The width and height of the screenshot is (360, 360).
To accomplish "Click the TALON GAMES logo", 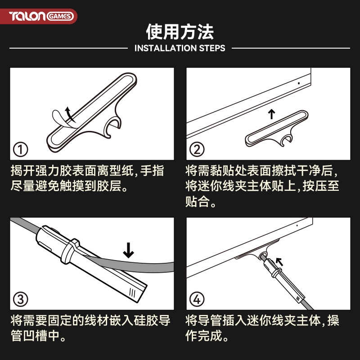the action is coord(41,16).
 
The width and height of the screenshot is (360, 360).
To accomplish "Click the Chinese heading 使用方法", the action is coord(180,31).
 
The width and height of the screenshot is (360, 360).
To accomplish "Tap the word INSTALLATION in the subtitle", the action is coord(165,48).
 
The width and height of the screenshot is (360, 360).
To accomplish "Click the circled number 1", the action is coord(20,150).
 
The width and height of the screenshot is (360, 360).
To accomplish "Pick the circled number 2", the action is coord(197,150).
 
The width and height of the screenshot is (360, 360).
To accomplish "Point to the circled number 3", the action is coord(20,299).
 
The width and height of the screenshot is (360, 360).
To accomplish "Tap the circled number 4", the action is coord(197,299).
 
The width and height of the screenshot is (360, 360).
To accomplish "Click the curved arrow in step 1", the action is coord(70,114).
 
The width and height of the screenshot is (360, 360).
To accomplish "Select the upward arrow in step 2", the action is coord(272,114).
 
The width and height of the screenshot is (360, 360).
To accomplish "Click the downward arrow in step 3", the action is coord(128,250).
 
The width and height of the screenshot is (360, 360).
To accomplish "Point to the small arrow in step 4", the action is coord(279,262).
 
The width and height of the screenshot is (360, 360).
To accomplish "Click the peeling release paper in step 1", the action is coord(60,119).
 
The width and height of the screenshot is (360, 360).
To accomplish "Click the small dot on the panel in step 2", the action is coord(299,83).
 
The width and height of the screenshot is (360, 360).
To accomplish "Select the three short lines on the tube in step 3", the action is coord(132,292).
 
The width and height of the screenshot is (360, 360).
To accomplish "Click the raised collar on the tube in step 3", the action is coord(70,251).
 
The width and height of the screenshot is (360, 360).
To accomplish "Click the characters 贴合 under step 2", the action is coord(198,202).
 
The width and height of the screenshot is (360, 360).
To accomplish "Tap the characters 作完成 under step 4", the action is coord(204,336).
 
